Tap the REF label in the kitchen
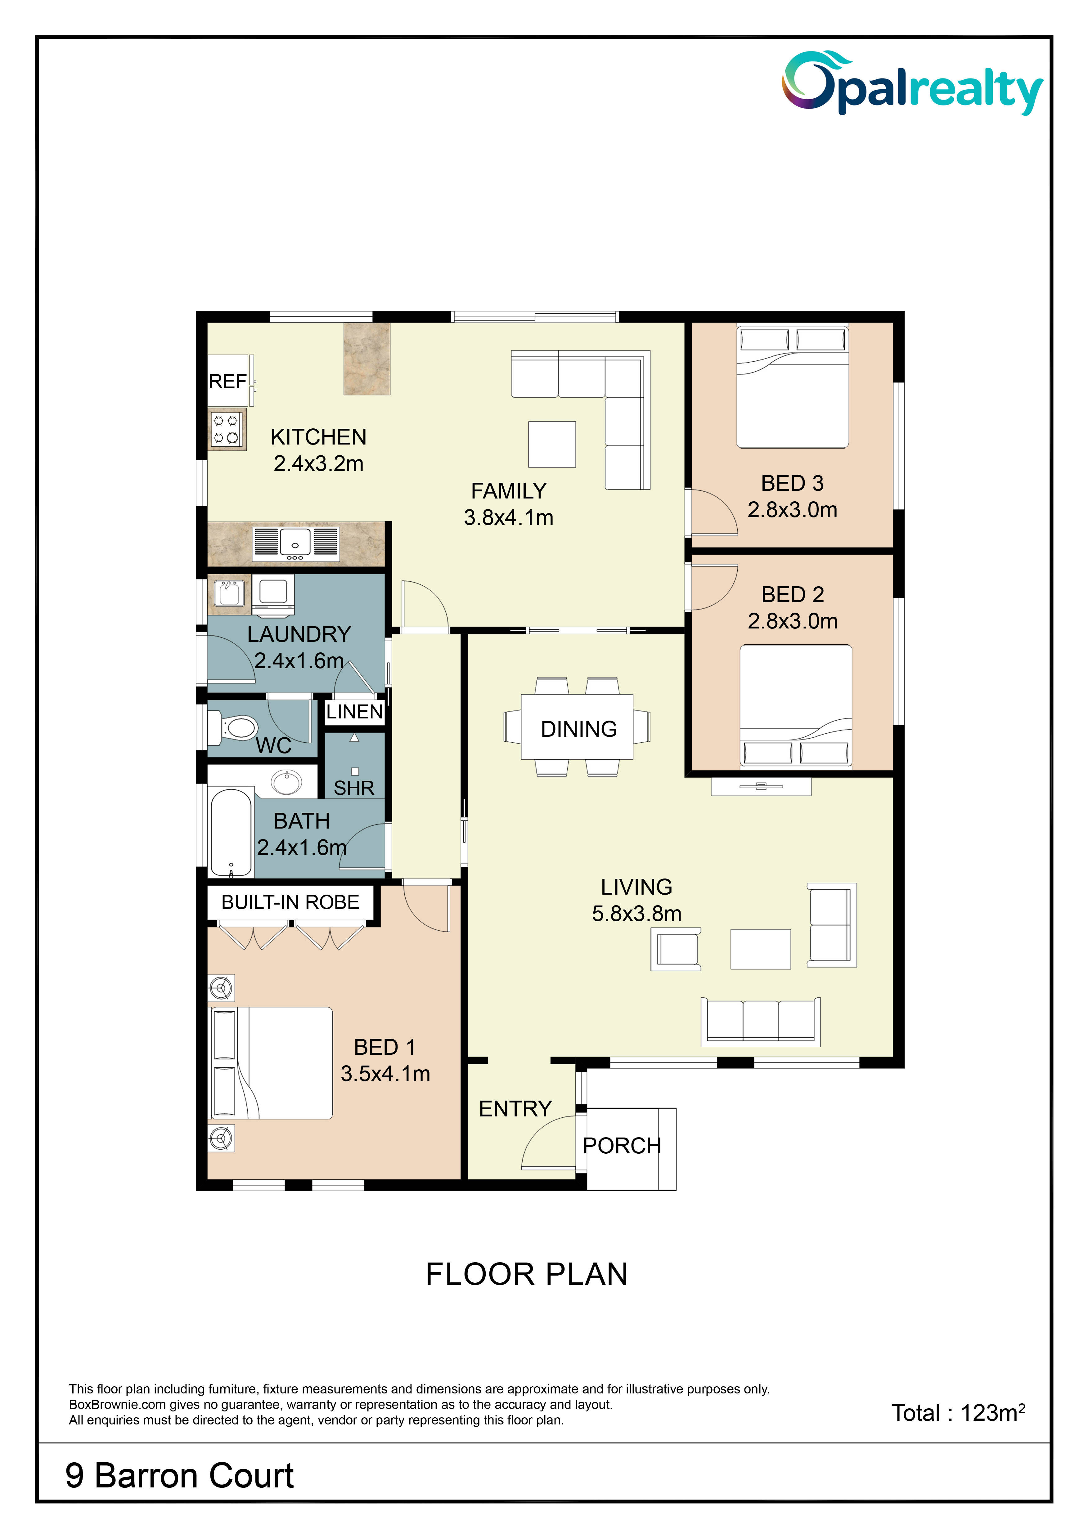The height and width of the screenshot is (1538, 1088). coord(228,381)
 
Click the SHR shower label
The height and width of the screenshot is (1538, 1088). coord(354,788)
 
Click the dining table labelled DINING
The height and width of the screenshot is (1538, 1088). coord(578,727)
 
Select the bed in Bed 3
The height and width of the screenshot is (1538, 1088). coord(793,387)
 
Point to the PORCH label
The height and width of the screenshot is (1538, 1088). coord(622,1146)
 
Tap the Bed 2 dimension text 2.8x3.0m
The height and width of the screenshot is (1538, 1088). coord(793,621)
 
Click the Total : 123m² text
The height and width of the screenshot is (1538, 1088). coord(958,1412)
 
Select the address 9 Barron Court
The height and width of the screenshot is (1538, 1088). coord(180,1476)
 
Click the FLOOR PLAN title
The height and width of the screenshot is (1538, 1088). coord(527,1274)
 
